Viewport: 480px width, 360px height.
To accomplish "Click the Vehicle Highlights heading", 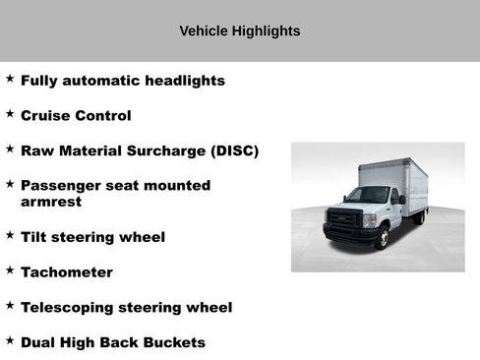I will (x=240, y=31).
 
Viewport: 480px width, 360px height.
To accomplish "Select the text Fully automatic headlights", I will (x=123, y=81).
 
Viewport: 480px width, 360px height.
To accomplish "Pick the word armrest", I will (x=51, y=202).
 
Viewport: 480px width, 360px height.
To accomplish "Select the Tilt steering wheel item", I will (x=92, y=237).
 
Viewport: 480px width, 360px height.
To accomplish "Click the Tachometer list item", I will (x=67, y=272).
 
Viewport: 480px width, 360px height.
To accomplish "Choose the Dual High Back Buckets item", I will (x=113, y=342).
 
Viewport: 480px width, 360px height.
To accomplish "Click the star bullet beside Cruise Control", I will (x=10, y=114).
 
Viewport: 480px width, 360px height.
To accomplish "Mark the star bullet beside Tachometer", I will (x=10, y=270).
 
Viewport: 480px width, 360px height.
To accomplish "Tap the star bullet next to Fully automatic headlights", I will (x=10, y=79).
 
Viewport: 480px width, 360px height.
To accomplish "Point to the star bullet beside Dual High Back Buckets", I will (x=10, y=340).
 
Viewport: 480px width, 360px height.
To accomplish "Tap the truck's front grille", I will (x=343, y=219).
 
